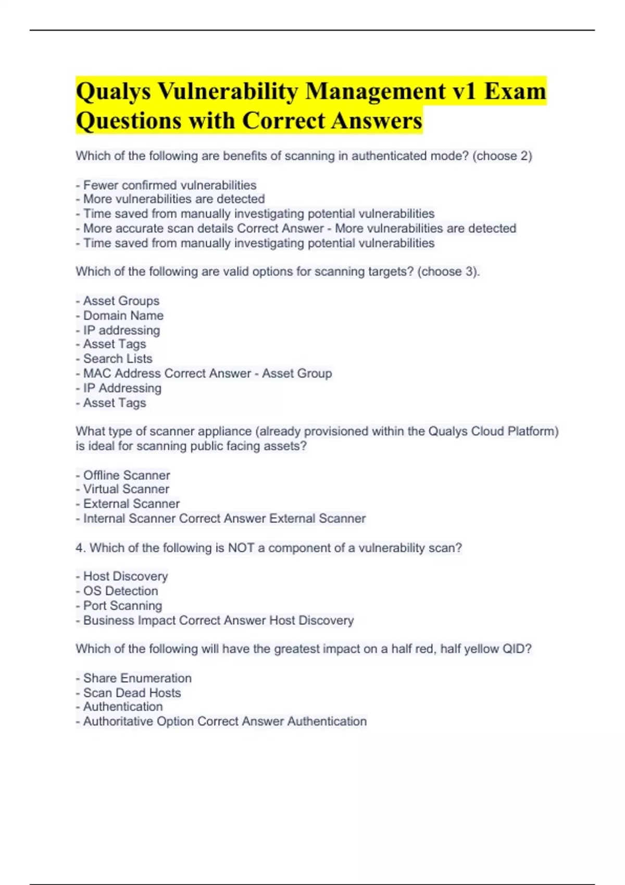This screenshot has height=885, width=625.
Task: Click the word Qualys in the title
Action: [x=113, y=92]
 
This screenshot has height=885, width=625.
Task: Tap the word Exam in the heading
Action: [x=515, y=92]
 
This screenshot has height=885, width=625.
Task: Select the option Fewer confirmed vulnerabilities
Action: [x=169, y=185]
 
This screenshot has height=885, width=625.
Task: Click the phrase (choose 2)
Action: [x=502, y=156]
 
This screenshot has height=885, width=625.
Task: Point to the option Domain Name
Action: [x=123, y=315]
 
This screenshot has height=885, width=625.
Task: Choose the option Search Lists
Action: [x=118, y=359]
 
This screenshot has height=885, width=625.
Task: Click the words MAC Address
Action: [x=122, y=373]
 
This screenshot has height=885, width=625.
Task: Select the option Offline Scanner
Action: [x=127, y=475]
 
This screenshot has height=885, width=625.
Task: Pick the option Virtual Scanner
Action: [x=126, y=489]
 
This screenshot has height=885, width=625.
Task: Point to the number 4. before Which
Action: [x=80, y=548]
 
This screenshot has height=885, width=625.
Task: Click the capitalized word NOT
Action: [x=241, y=548]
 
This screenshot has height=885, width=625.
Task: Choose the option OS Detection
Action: [x=120, y=591]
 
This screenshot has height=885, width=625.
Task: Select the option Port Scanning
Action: [x=122, y=606]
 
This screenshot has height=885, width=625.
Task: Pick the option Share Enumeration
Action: [x=137, y=678]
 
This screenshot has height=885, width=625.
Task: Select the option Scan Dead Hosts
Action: [x=132, y=693]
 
